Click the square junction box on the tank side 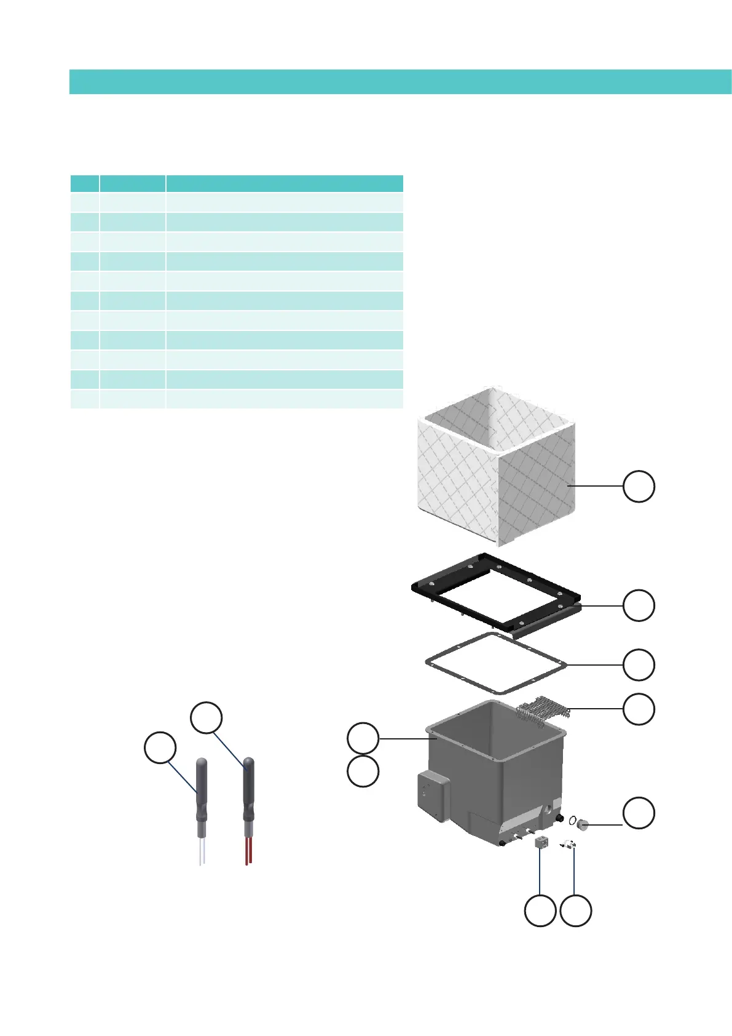point(433,797)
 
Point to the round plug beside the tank point(583,824)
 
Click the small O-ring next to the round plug point(572,819)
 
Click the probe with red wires point(248,794)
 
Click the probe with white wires point(201,794)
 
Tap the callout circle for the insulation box point(639,486)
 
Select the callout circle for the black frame point(639,605)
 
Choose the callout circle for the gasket point(639,664)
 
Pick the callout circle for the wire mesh point(639,709)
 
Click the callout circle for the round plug point(639,813)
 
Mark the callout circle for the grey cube point(540,911)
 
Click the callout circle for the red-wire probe point(206,718)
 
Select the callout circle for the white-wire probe point(160,747)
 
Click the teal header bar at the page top point(399,81)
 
